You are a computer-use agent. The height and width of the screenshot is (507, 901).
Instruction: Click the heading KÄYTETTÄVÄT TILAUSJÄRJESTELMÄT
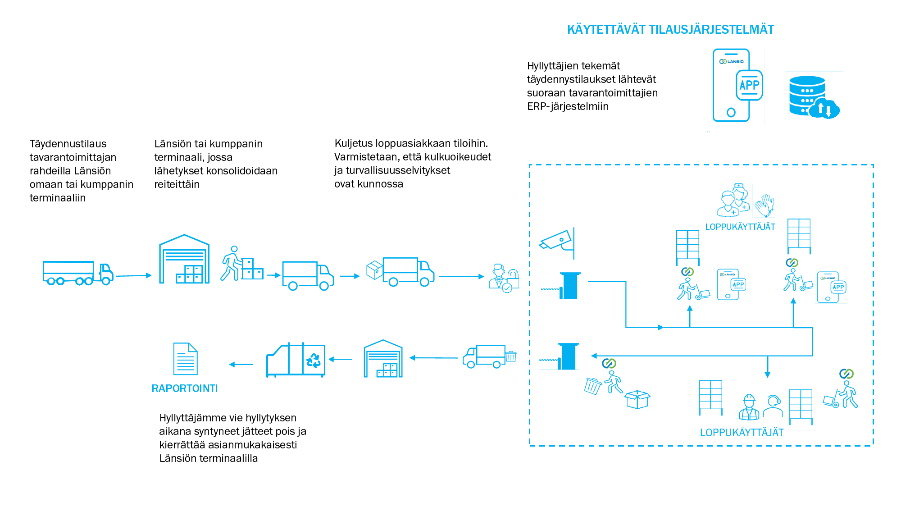point(670,30)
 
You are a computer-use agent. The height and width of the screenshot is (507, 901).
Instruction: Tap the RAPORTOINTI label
point(184,388)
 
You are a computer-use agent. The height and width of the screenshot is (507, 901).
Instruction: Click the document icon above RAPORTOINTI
point(185,359)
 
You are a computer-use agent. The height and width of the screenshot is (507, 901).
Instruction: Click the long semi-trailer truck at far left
point(77,273)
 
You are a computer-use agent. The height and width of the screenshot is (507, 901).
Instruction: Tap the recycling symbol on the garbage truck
point(313,360)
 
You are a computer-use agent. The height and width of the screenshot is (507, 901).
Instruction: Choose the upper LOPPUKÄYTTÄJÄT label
point(740,227)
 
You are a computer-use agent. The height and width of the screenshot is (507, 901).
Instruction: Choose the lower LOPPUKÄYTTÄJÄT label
point(742,433)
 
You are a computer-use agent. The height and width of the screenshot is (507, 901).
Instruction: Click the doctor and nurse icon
point(733,201)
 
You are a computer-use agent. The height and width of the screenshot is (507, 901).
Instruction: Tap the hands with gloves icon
point(765,205)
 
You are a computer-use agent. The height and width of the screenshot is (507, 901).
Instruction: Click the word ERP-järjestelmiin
point(568,106)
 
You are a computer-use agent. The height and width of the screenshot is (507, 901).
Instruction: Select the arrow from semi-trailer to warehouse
point(134,275)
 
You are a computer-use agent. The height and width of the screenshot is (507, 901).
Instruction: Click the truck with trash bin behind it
point(488,356)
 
